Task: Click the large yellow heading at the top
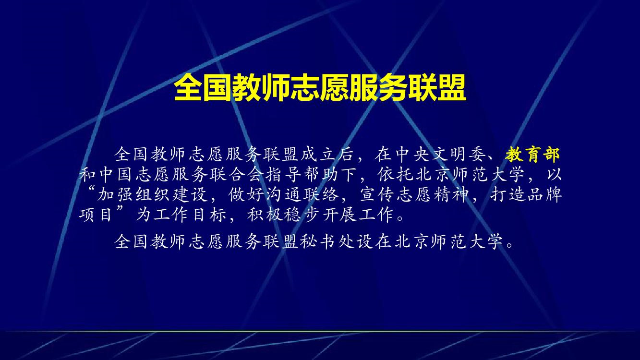click(x=320, y=87)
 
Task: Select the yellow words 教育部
click(x=532, y=155)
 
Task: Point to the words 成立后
click(x=327, y=155)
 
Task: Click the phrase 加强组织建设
click(x=152, y=194)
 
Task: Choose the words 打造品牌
click(x=526, y=194)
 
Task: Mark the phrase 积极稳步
click(x=283, y=214)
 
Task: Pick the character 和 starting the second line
click(x=87, y=175)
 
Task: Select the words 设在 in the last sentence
click(x=374, y=242)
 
